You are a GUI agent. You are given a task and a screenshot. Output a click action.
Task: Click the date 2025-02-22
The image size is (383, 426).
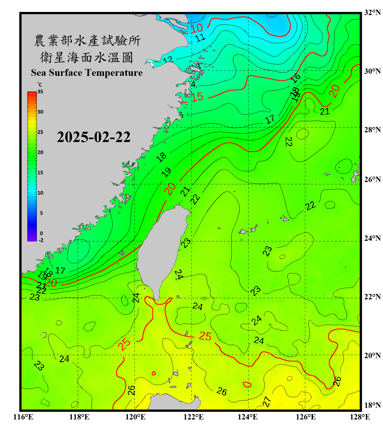pos(94,137)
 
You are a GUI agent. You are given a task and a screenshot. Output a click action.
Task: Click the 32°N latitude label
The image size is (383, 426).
pos(372,12)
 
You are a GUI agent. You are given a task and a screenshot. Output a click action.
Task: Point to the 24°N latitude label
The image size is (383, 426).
pos(372,238)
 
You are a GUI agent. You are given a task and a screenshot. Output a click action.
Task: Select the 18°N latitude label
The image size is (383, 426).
pos(372,405)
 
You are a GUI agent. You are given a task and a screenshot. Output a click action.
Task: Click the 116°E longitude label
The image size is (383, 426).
pos(23,417)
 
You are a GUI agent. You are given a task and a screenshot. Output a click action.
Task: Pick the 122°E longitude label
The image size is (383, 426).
pos(193,417)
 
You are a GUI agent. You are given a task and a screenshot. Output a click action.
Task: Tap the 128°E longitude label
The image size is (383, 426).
pos(360,417)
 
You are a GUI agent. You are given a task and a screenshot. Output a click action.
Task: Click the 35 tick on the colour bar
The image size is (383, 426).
pos(40,92)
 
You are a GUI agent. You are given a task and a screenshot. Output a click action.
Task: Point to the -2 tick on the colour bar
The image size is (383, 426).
pos(41,240)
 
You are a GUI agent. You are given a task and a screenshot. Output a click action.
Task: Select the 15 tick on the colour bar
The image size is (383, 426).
pos(40,173)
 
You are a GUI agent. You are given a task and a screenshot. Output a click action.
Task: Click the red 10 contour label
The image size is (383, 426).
pos(197,28)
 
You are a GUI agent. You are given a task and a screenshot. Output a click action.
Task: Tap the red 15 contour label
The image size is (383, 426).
pos(197,97)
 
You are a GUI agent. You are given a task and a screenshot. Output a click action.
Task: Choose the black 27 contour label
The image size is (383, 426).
pos(267,402)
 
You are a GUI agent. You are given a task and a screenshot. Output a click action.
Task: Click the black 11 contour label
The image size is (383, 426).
pos(200,37)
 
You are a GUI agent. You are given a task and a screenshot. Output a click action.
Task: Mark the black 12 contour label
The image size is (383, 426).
pos(168,60)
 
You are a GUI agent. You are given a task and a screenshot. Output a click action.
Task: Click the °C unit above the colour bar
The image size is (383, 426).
pos(40,85)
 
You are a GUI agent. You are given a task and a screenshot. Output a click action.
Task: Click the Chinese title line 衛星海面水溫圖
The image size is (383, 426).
pos(87,57)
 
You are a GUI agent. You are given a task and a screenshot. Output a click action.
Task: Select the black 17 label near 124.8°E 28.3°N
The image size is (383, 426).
pos(270,119)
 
